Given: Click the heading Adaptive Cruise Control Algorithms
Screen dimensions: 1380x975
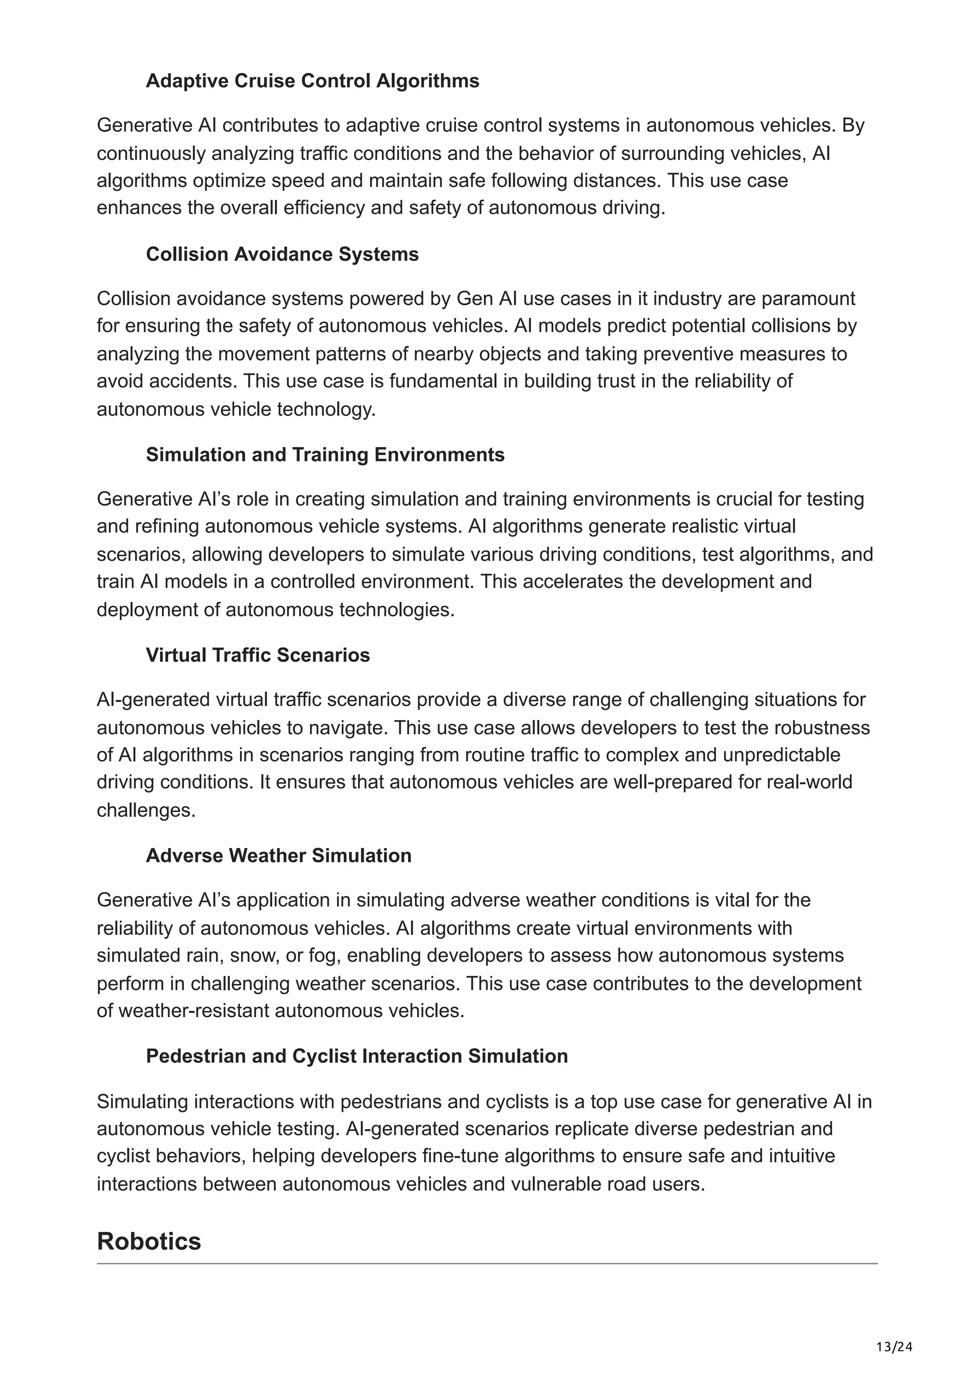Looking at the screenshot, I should (312, 80).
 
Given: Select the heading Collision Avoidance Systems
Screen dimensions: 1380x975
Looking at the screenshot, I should (282, 254).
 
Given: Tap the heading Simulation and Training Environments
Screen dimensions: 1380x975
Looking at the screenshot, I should (325, 454).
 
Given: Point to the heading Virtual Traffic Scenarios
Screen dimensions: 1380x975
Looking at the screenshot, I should (258, 655).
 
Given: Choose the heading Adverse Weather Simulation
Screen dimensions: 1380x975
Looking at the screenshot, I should (279, 855).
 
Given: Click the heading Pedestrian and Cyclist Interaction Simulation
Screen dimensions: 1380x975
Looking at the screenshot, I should (357, 1056).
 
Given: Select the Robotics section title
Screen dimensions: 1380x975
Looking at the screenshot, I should (149, 1241).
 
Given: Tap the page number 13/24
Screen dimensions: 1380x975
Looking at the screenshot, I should (894, 1347).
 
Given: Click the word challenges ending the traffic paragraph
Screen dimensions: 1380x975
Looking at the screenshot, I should (146, 810).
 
